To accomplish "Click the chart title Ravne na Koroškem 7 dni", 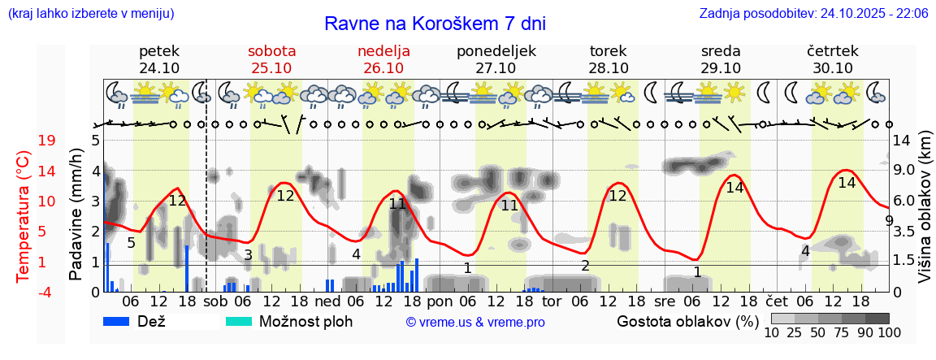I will pos(435,23).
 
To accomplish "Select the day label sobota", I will pos(271,50).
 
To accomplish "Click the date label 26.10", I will pos(383,68).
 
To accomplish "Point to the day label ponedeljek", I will pos(496,50).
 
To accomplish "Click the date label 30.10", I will pos(833,68).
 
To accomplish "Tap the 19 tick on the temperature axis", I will pos(47,141).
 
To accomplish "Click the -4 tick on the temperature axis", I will pos(46,292).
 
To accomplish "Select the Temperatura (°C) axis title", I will pos(24,215).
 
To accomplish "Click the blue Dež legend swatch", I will pos(122,321).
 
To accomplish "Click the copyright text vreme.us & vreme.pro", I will pos(475,322).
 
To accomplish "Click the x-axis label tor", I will pos(552,301).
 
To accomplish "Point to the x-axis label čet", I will pos(778,301).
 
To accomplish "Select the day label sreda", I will pos(721,50).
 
